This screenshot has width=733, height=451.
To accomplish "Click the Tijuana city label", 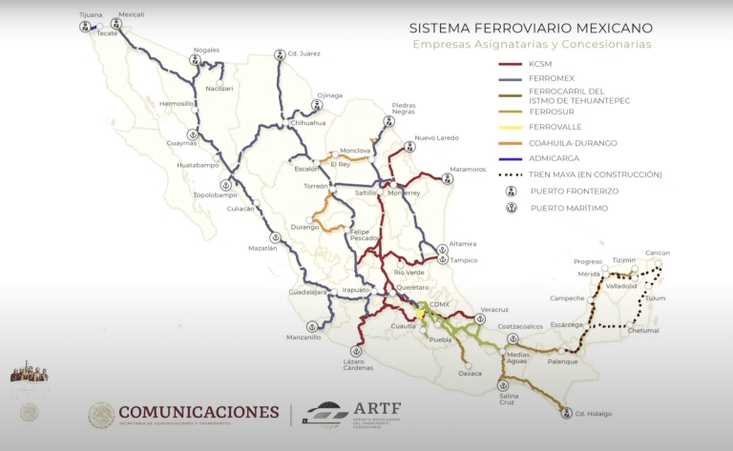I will coord(91,15).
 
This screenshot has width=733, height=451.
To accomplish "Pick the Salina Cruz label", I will coord(502,400).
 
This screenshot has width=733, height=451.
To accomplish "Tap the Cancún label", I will coord(658,253).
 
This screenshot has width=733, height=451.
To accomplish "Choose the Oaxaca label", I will coord(470,373).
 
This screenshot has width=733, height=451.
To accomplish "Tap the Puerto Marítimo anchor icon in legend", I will coord(512,207).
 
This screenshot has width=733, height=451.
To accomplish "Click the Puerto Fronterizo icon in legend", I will coord(512,191).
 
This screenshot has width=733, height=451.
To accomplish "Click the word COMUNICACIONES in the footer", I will coord(199,412).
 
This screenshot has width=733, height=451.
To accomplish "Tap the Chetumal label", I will coord(643,331).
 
